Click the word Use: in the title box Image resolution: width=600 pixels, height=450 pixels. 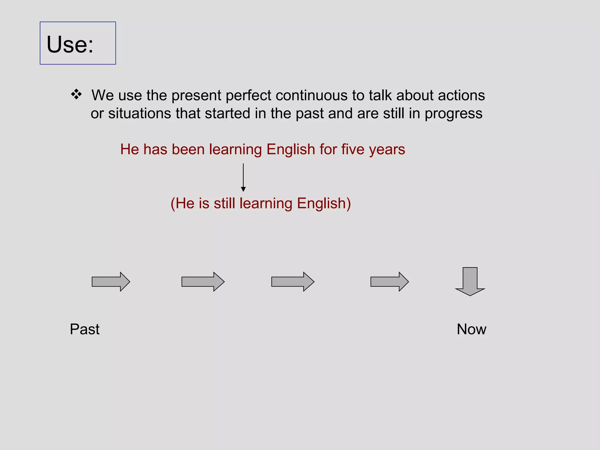point(70,45)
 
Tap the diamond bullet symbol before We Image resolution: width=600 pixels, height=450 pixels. point(76,94)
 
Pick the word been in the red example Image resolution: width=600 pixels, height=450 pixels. point(188,149)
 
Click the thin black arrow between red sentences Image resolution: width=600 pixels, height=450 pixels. point(243,178)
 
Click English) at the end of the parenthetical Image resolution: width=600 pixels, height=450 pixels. point(324,204)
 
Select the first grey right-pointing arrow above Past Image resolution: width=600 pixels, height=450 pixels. point(111,282)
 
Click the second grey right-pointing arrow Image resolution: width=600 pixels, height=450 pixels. point(203,282)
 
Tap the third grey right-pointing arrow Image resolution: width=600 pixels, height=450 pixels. point(293,282)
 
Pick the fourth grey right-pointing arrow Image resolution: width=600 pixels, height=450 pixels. point(389,282)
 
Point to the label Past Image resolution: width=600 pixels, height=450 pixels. point(85,329)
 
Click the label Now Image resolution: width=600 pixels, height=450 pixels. point(471,329)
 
